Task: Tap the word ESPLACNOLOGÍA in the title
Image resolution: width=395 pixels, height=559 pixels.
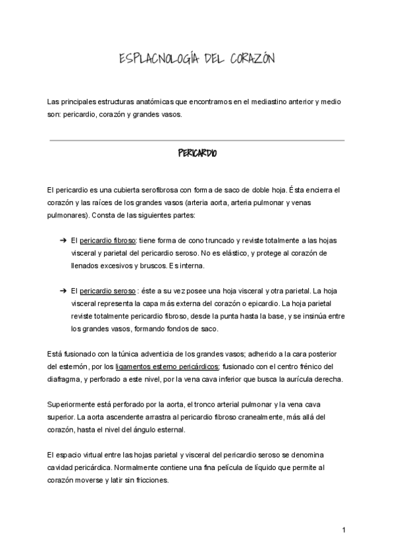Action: point(155,60)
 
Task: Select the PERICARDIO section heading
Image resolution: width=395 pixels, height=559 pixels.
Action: point(197,154)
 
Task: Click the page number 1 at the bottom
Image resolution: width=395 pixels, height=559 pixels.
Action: point(344,531)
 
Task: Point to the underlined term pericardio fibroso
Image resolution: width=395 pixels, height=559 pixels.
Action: point(107,241)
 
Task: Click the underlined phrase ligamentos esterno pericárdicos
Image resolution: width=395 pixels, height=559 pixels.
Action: point(167,367)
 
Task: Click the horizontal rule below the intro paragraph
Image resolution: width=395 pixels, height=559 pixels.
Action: point(197,140)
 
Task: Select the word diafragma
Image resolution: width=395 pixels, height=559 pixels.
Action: point(65,379)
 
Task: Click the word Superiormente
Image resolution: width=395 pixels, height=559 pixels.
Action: point(70,404)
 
